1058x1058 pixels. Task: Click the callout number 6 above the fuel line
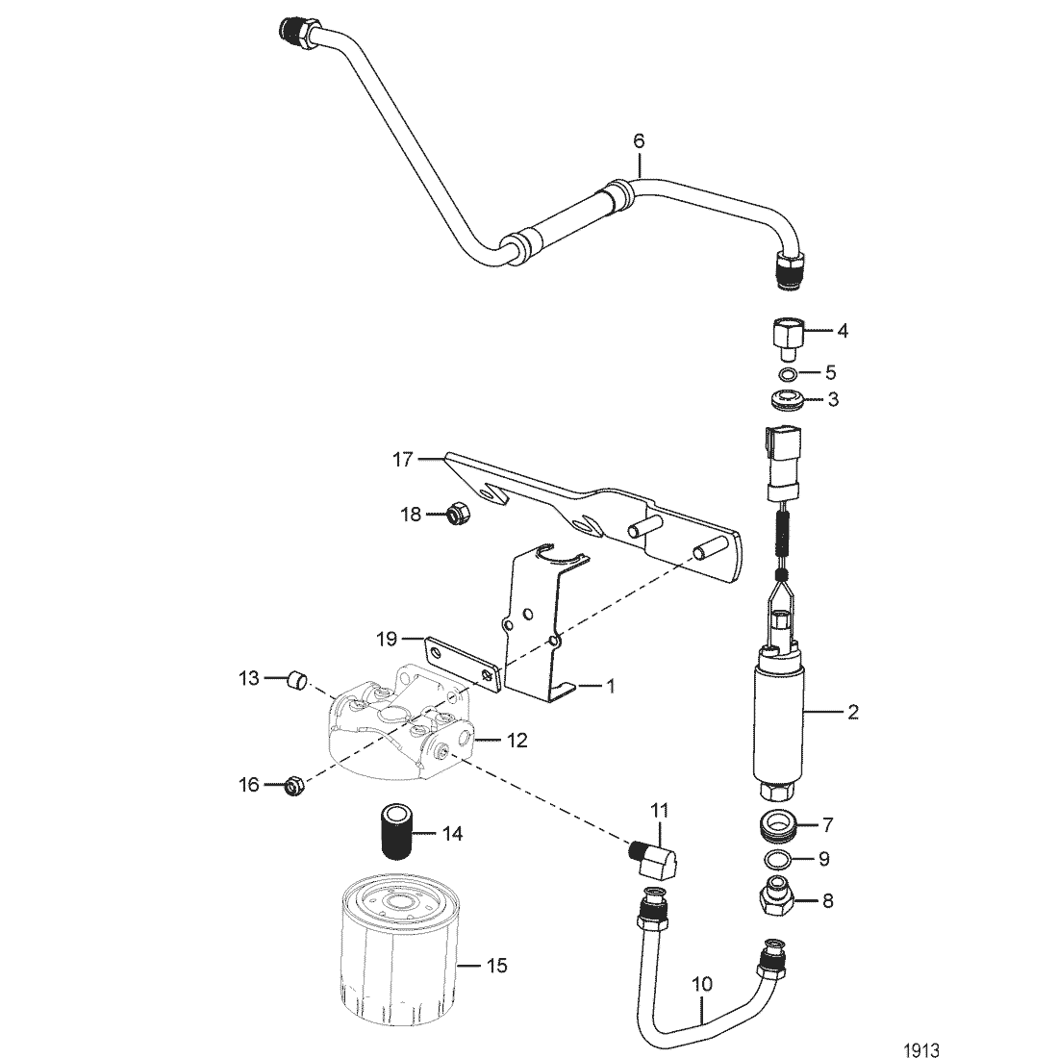(x=639, y=141)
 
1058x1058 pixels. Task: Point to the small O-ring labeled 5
(x=786, y=374)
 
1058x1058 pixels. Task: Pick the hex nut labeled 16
(x=295, y=786)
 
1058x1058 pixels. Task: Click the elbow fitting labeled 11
(x=652, y=859)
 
